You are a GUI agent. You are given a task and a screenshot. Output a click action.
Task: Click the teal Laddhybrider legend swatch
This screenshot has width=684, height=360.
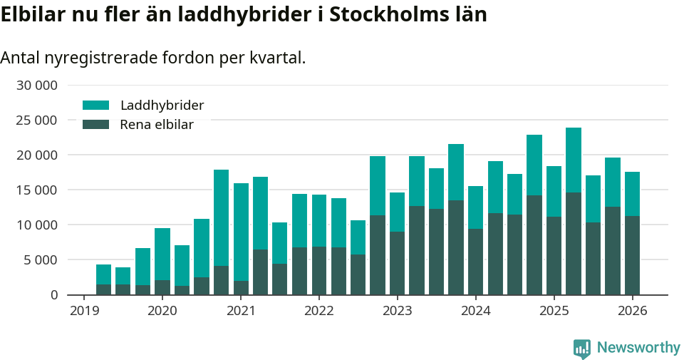click(96, 106)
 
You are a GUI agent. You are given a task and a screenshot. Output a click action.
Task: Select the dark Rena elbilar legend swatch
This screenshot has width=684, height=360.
click(96, 125)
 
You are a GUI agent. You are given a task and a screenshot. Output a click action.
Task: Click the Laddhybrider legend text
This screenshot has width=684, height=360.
click(162, 106)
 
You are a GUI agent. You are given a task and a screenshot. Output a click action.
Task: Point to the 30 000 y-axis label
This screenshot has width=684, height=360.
click(36, 86)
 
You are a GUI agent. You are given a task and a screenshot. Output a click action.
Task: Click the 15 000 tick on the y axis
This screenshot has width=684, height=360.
click(36, 190)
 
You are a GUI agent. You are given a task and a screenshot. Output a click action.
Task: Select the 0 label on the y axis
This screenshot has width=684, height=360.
click(53, 294)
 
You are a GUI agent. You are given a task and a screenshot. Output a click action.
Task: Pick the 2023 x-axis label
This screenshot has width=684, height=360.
click(397, 311)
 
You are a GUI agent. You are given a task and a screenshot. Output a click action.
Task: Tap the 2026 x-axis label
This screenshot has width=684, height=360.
click(632, 311)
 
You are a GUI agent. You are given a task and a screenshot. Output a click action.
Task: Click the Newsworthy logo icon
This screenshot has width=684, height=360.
click(581, 348)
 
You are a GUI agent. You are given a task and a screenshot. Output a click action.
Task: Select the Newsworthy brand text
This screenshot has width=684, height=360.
click(638, 348)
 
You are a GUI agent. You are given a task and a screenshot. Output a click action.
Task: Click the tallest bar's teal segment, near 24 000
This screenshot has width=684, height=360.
click(574, 160)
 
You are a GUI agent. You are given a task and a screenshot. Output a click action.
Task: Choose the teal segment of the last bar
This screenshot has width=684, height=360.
click(632, 194)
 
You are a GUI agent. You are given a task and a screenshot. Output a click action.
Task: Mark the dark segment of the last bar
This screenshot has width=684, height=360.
click(632, 255)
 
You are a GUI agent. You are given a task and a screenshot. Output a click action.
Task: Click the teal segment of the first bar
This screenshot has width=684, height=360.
click(103, 274)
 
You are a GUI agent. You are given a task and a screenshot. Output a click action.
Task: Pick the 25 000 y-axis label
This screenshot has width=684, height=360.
click(36, 120)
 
